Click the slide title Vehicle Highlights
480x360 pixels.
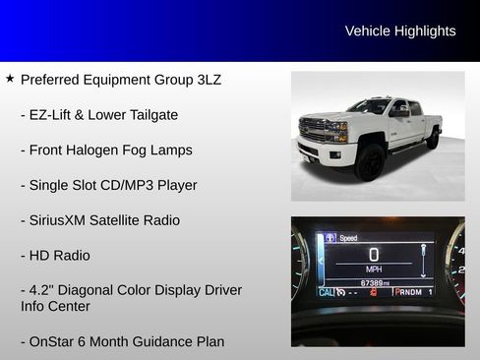tap(399, 31)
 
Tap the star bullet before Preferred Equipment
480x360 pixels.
tap(10, 79)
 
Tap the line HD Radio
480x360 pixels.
tap(59, 256)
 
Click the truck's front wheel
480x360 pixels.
tap(371, 162)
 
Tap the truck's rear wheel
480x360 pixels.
tap(432, 138)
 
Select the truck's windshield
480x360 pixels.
tap(370, 107)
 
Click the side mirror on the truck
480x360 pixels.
tap(398, 114)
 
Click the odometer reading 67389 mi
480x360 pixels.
tap(374, 282)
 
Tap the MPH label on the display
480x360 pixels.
tap(374, 269)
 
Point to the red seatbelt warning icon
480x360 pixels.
tap(373, 293)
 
